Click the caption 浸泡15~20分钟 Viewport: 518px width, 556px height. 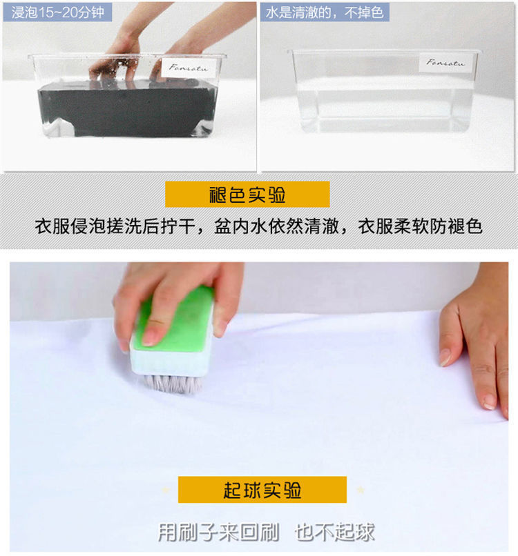click(x=57, y=12)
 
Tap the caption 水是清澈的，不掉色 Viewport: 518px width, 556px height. click(x=325, y=12)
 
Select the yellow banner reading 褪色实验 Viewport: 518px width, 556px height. click(x=247, y=195)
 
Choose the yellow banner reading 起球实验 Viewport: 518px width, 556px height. click(x=262, y=490)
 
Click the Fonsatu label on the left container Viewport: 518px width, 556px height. click(x=189, y=67)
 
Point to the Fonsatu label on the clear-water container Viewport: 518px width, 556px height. click(x=445, y=62)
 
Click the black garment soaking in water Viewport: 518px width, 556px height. click(x=126, y=109)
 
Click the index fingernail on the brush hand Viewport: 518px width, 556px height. click(x=150, y=336)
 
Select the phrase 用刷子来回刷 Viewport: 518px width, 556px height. click(x=218, y=533)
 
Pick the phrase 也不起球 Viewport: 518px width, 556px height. click(x=334, y=533)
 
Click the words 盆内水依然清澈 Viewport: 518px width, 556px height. click(x=276, y=226)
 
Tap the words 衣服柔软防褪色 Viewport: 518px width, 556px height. click(x=420, y=226)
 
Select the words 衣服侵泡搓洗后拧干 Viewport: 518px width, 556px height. click(x=115, y=226)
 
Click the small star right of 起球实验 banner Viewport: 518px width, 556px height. click(x=361, y=490)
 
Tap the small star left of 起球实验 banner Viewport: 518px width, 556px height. click(x=166, y=490)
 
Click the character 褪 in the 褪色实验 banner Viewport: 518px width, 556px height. click(x=218, y=195)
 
